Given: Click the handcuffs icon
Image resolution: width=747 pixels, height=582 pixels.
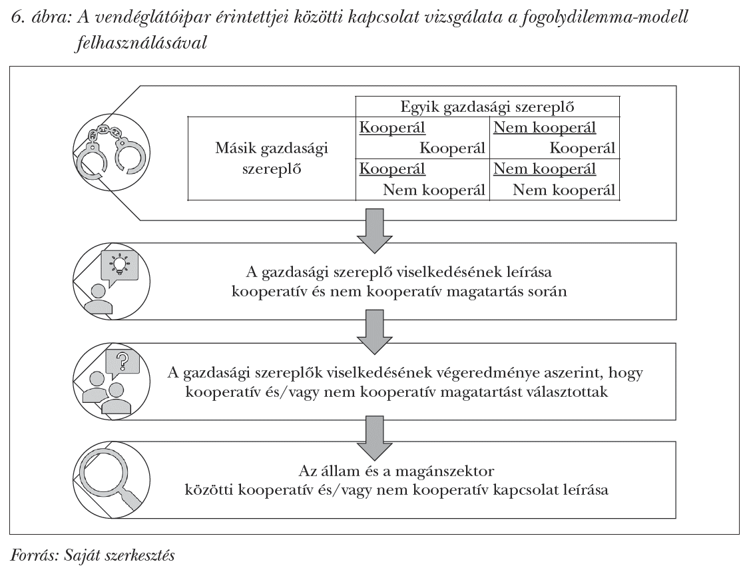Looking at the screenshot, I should pyautogui.click(x=109, y=151).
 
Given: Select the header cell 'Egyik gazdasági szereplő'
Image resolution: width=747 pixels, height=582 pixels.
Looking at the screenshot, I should pyautogui.click(x=487, y=107).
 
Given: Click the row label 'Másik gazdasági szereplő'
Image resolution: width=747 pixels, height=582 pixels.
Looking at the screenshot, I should pyautogui.click(x=271, y=158).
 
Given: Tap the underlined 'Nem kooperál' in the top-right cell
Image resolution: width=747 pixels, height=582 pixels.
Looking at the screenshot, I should pyautogui.click(x=545, y=128).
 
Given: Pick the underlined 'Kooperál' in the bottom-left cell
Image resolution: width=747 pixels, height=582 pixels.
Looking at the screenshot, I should pyautogui.click(x=392, y=169).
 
